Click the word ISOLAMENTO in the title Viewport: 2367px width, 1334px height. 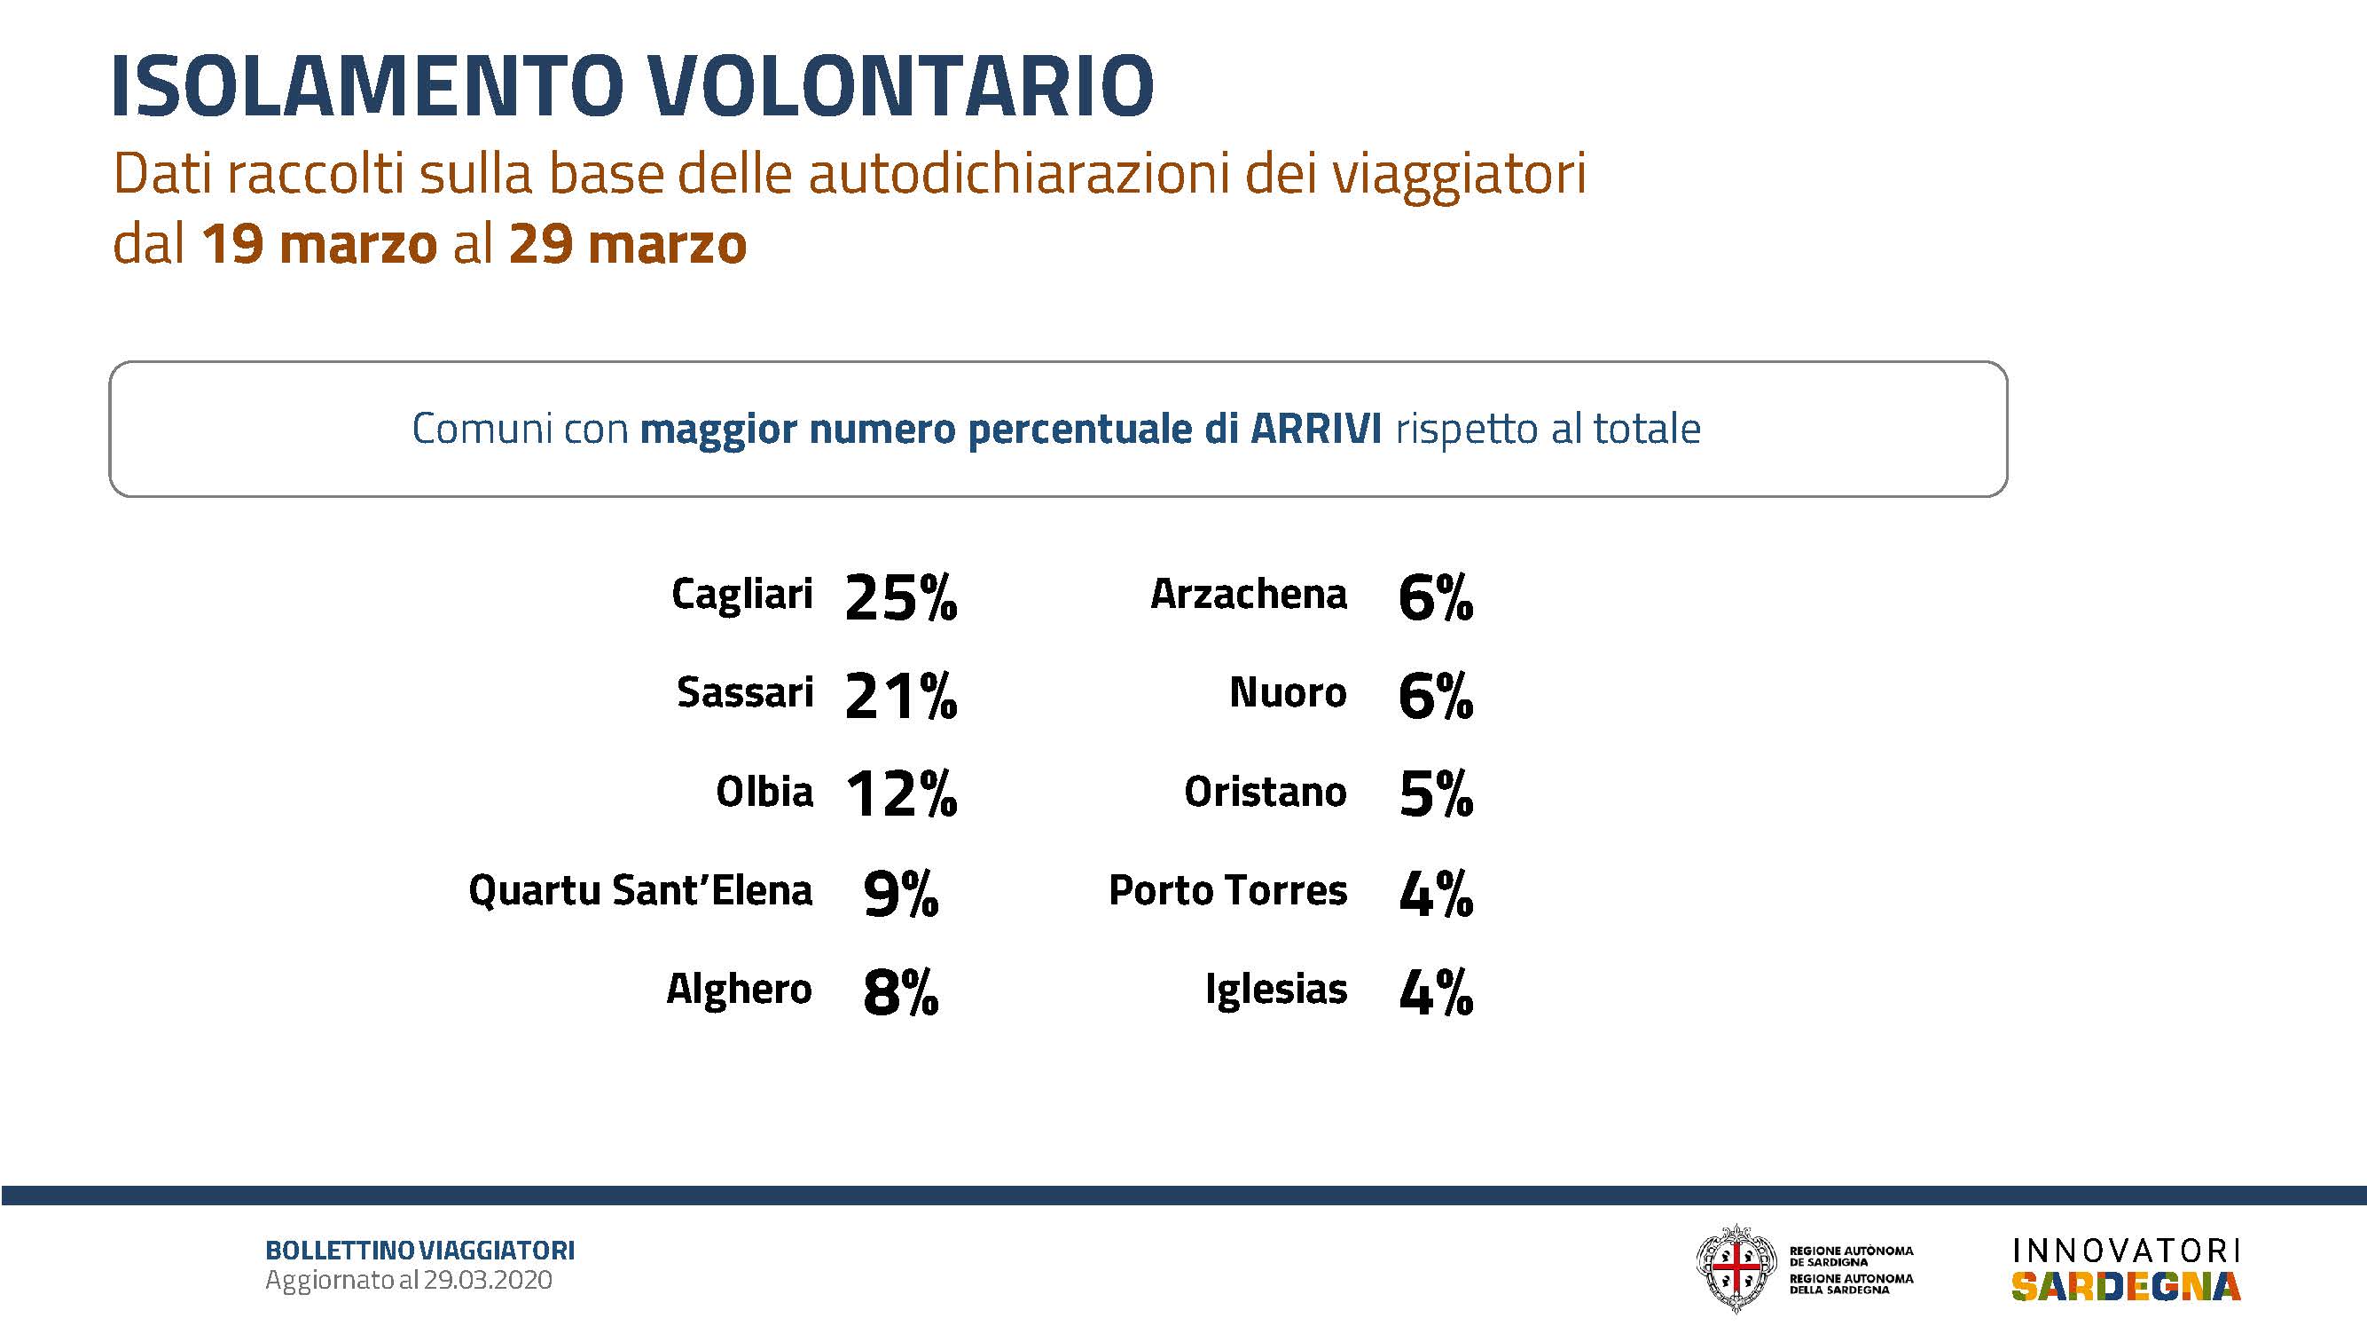[367, 86]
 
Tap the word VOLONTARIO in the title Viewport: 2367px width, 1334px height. [900, 86]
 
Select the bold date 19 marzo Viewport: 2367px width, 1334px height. [319, 245]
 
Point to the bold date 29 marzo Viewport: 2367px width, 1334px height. [628, 245]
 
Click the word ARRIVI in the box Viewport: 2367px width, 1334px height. [1316, 429]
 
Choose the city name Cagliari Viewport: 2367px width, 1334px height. [741, 594]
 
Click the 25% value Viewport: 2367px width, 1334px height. [900, 597]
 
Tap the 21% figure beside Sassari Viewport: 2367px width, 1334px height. [900, 696]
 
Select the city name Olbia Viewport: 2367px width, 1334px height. [764, 792]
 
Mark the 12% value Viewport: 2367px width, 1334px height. [900, 794]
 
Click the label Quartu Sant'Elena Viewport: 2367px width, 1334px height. [640, 891]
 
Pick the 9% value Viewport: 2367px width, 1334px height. [900, 894]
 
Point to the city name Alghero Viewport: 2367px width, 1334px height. [739, 991]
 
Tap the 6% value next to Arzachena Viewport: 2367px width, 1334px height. [1435, 597]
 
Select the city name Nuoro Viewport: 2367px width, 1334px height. [1288, 693]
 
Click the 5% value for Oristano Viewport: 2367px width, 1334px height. [1435, 794]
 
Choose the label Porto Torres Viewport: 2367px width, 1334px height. [1227, 891]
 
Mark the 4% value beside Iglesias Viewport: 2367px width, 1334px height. [1435, 993]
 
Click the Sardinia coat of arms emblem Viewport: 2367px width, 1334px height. [1736, 1267]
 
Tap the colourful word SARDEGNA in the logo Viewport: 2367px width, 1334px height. [2126, 1286]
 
